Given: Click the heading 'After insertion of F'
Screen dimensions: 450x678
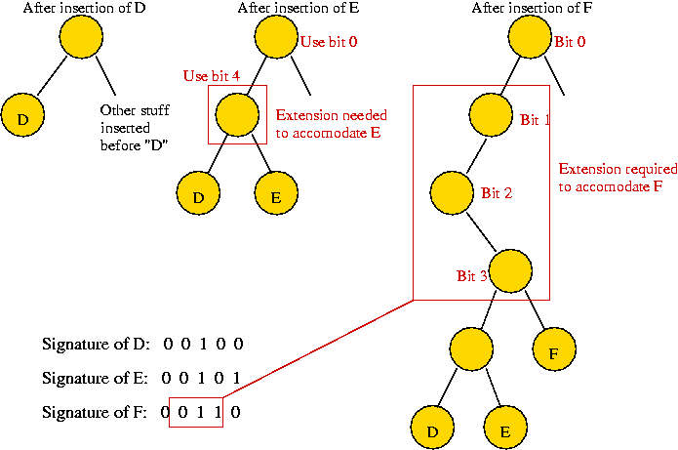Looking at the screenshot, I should (x=529, y=9).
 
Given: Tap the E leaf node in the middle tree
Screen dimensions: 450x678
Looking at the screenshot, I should (x=275, y=196).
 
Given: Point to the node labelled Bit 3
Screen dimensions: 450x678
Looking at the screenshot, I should (x=510, y=269).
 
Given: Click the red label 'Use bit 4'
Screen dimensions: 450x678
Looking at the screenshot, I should (x=212, y=76).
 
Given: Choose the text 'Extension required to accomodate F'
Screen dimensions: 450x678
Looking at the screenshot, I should (x=610, y=177).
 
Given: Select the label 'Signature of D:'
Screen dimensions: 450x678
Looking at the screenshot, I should (x=96, y=344).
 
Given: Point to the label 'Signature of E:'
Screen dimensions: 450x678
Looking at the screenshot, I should (x=96, y=378).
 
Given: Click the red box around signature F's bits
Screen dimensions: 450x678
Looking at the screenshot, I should (x=196, y=412).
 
